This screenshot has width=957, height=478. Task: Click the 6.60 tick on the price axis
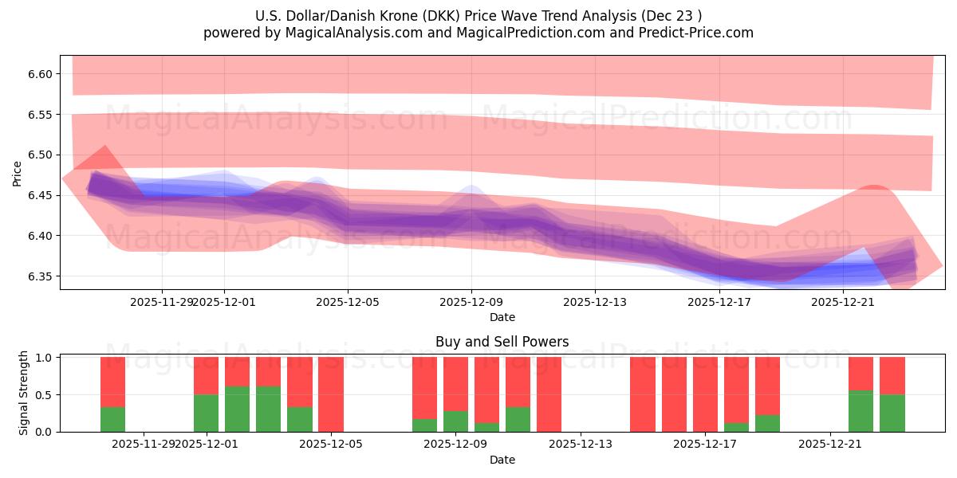pyautogui.click(x=38, y=74)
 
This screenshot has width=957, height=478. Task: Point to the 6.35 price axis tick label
pyautogui.click(x=38, y=276)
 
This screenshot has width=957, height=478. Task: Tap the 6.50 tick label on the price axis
pyautogui.click(x=38, y=155)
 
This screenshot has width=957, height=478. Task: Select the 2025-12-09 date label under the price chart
pyautogui.click(x=471, y=302)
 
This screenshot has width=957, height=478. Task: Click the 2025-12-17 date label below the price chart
pyautogui.click(x=719, y=302)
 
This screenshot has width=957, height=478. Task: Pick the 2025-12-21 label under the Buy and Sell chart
pyautogui.click(x=831, y=445)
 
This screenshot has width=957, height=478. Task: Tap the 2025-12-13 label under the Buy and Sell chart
pyautogui.click(x=581, y=445)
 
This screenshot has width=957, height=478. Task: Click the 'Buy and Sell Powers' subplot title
pyautogui.click(x=502, y=342)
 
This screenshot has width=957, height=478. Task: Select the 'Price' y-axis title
pyautogui.click(x=18, y=173)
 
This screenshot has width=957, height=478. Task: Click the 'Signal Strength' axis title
pyautogui.click(x=24, y=393)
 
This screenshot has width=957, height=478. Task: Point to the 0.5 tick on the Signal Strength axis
pyautogui.click(x=45, y=394)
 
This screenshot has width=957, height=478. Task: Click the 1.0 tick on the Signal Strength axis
pyautogui.click(x=45, y=358)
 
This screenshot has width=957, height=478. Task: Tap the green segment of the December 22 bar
pyautogui.click(x=861, y=411)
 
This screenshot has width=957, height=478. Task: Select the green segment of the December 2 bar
pyautogui.click(x=237, y=409)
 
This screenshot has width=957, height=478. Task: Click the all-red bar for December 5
pyautogui.click(x=330, y=394)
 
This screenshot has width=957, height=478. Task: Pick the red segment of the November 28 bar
pyautogui.click(x=112, y=382)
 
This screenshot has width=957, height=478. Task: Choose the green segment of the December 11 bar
pyautogui.click(x=518, y=419)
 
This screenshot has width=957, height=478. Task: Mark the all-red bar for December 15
pyautogui.click(x=642, y=394)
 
